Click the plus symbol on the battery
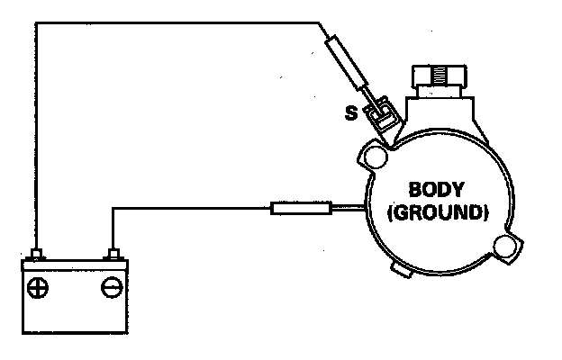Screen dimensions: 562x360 39,289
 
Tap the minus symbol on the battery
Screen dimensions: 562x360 112,289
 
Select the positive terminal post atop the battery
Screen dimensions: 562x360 38,255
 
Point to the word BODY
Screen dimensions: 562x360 436,192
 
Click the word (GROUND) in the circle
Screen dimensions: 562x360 436,215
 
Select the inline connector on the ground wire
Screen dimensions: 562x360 300,210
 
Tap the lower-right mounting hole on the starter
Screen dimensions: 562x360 509,246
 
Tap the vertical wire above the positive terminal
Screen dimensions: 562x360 38,135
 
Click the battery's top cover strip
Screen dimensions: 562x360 75,265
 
